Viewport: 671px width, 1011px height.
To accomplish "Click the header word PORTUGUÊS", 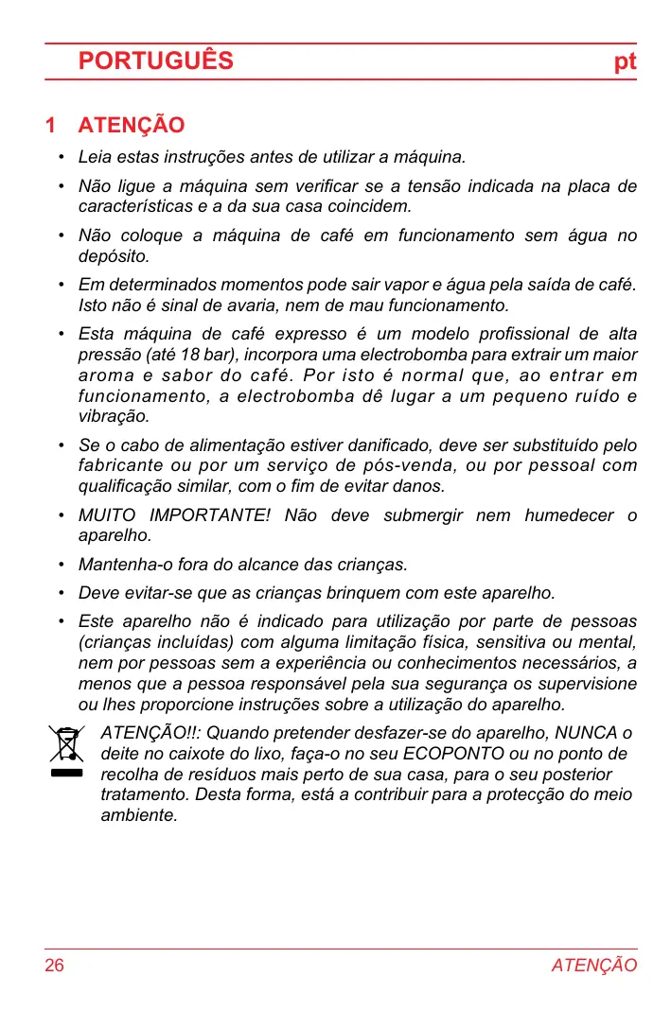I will [156, 61].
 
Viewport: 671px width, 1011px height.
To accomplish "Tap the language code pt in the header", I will [625, 62].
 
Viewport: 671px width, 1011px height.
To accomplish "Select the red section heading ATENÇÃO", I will [132, 126].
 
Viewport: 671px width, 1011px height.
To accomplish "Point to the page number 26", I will [55, 966].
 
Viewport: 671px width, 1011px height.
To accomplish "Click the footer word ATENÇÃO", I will [594, 966].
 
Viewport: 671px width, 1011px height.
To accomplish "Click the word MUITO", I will [106, 515].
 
